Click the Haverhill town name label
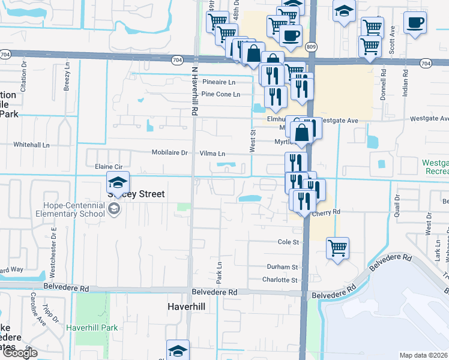(x=187, y=306)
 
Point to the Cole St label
(x=288, y=242)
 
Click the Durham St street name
(x=282, y=267)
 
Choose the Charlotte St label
(x=280, y=280)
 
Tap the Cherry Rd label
(x=328, y=212)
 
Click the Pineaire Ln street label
(x=219, y=82)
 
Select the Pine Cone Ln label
(x=220, y=94)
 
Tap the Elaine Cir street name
(x=109, y=166)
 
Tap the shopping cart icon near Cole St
(x=338, y=247)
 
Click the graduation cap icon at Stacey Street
(x=118, y=181)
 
